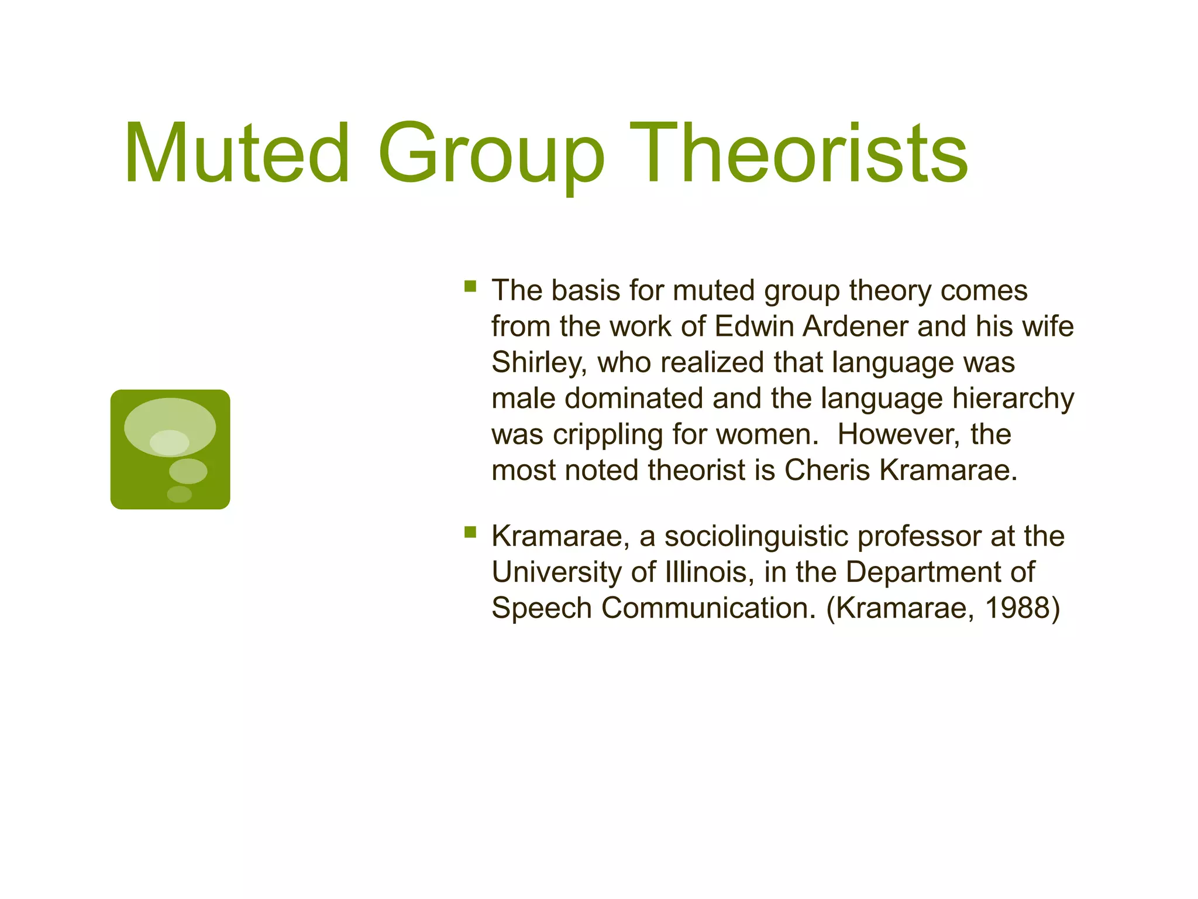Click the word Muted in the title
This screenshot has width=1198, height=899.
click(237, 153)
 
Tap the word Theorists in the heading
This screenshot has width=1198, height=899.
click(798, 153)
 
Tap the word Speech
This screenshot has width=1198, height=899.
click(542, 609)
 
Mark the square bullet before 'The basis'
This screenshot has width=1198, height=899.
click(470, 286)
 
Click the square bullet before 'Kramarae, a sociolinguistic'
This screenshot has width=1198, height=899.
click(470, 532)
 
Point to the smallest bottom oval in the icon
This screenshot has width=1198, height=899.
click(180, 494)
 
